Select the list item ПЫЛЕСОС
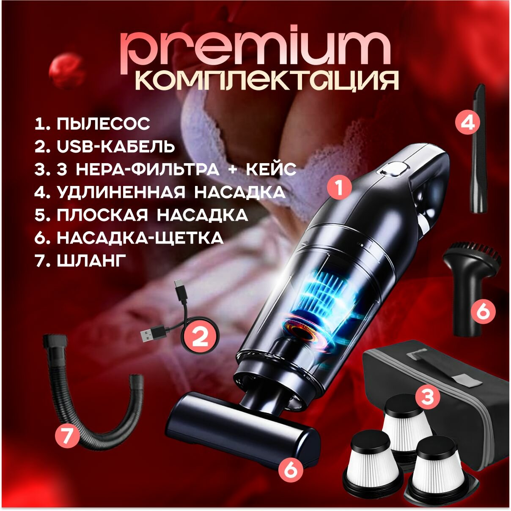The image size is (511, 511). (x=103, y=123)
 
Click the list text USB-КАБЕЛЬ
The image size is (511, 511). (x=116, y=146)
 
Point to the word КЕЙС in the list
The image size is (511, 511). (x=271, y=169)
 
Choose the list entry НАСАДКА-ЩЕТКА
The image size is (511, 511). (x=140, y=238)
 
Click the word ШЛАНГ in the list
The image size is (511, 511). (x=91, y=261)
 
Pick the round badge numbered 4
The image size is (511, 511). (x=468, y=123)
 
